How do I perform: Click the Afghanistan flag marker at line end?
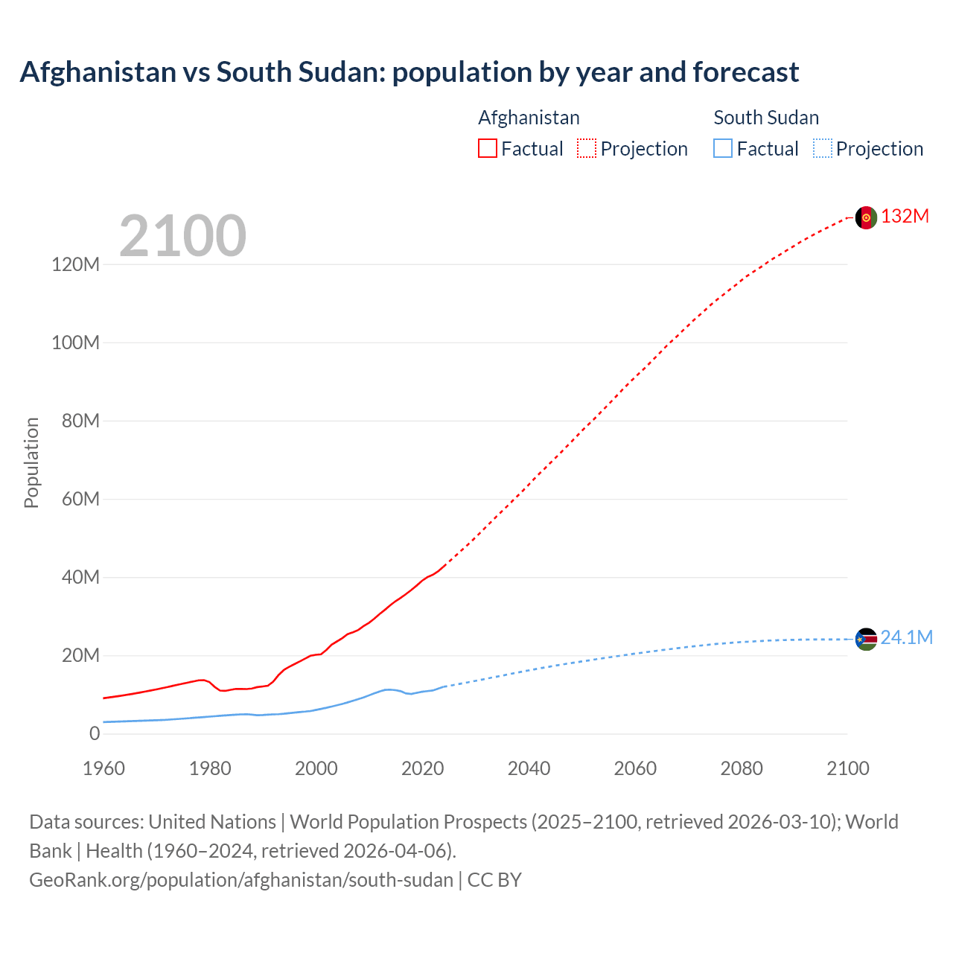[866, 217]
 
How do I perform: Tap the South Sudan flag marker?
[866, 639]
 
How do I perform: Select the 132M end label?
[905, 217]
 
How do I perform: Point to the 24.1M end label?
[906, 638]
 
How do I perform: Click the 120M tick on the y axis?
[75, 264]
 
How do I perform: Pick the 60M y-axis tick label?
[80, 499]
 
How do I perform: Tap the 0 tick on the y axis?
[94, 733]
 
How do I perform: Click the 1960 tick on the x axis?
[103, 768]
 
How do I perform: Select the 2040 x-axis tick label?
[529, 768]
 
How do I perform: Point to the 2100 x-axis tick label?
[847, 768]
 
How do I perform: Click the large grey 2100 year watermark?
[182, 236]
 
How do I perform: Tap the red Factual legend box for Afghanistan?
[488, 148]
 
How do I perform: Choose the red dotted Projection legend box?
[587, 148]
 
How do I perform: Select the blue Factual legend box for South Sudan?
[723, 148]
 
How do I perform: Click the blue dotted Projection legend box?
[822, 148]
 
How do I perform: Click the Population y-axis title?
[31, 462]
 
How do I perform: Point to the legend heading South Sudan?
[766, 118]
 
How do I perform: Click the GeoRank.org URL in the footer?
[240, 880]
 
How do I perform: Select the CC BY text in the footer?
[494, 880]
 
